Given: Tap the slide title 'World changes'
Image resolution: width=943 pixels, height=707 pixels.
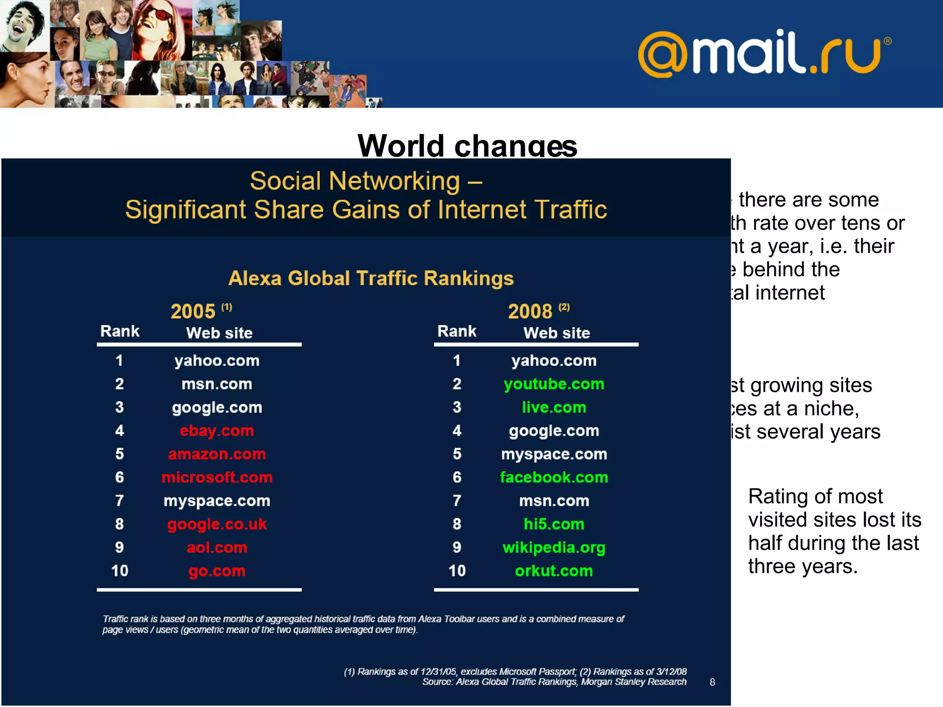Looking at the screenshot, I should (467, 145).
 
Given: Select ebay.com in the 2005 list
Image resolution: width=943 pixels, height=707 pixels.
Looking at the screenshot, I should (217, 431).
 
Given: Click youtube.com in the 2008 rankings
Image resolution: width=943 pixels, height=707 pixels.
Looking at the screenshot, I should (554, 384).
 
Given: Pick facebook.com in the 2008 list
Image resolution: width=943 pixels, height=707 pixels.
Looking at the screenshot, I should (554, 477).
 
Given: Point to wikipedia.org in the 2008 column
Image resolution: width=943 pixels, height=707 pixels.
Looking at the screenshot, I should (554, 547).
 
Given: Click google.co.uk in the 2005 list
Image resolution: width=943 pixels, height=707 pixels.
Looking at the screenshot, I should (217, 524).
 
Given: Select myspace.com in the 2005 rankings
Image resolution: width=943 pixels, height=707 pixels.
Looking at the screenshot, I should (217, 500).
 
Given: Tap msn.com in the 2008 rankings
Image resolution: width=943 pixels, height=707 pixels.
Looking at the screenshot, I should (554, 500).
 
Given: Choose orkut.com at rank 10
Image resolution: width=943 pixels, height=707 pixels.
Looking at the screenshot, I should (554, 571).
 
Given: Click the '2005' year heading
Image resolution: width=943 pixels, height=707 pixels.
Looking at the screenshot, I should (193, 312).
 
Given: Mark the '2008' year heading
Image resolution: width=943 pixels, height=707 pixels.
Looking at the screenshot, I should (530, 312).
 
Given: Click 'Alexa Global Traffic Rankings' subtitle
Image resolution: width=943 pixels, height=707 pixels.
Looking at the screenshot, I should (371, 278).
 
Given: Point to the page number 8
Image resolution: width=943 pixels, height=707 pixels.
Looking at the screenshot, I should (712, 682).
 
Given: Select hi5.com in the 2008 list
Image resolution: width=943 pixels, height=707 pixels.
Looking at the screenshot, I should (554, 524).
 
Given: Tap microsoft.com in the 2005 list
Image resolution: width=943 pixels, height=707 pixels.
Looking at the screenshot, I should (217, 477).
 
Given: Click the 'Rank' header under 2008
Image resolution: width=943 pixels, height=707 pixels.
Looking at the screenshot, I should (457, 331).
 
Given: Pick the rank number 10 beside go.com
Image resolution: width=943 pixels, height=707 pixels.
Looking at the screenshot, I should (120, 571).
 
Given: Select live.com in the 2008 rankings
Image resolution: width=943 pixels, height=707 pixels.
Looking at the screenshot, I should (554, 407).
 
